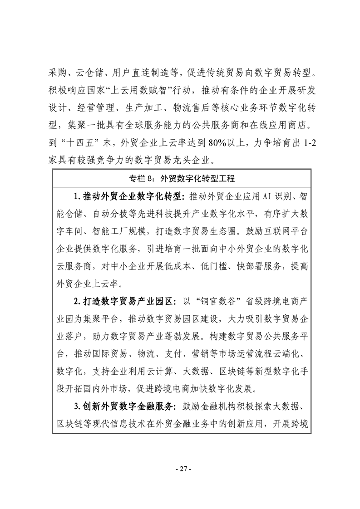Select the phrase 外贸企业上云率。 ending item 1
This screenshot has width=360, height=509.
click(82, 283)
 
